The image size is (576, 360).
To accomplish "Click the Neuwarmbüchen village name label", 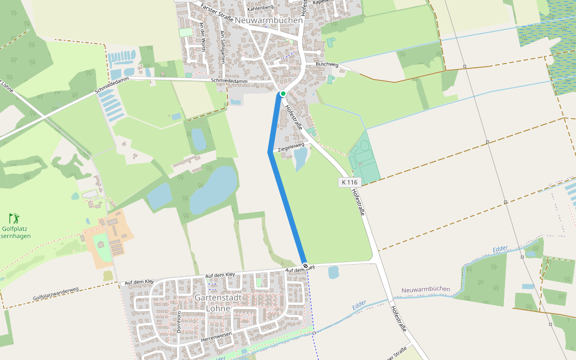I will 269,20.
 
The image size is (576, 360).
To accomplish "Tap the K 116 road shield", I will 349,182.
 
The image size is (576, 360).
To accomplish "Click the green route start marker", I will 283,94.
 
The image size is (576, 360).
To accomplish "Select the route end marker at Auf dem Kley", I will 305,265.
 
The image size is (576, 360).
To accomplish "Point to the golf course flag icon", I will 14,218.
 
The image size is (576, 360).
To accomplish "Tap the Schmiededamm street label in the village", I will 229,80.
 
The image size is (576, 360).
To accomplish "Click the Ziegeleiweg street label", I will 291,146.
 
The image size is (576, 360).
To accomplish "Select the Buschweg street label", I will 327,64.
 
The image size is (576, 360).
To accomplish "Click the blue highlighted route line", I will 287,204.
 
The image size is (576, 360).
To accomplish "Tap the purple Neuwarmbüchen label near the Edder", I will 425,289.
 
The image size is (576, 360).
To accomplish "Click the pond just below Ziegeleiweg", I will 300,159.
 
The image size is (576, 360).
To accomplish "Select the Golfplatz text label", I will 16,229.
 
